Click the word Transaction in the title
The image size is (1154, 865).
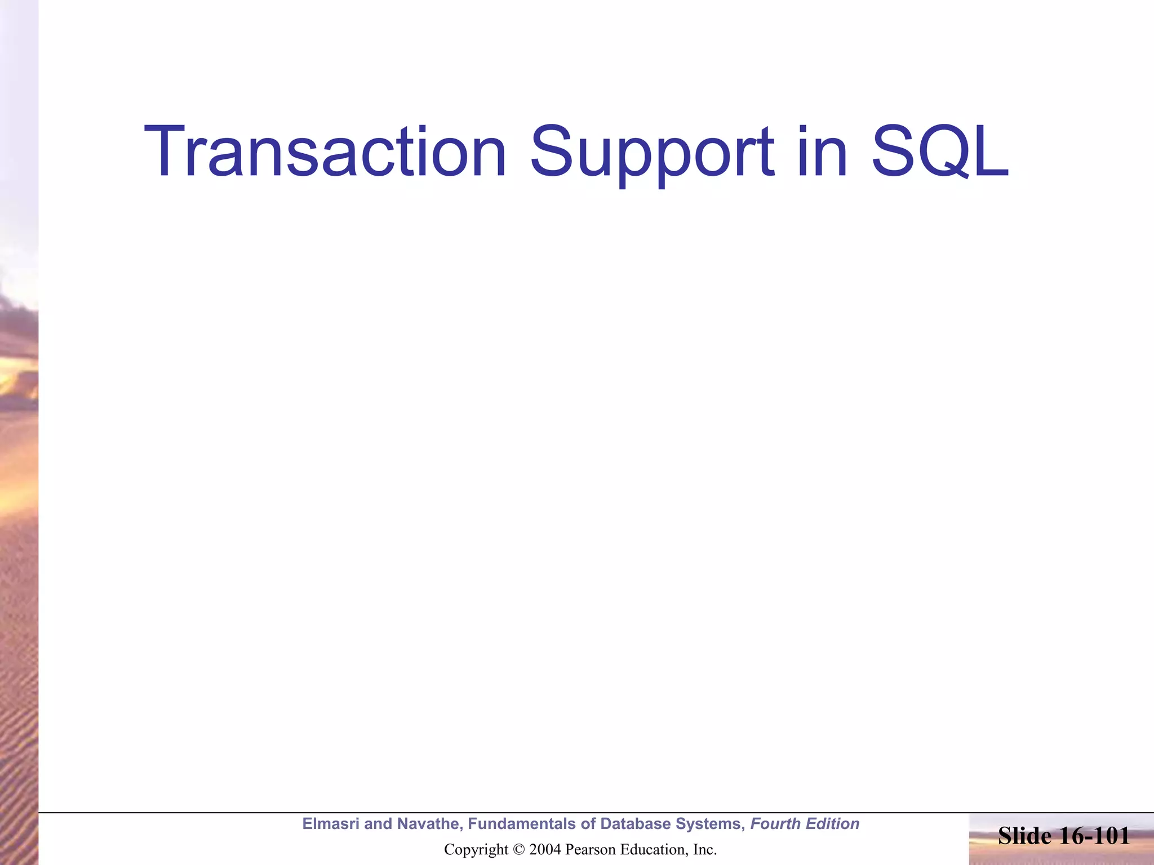pos(325,152)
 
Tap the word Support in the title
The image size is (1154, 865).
pos(652,152)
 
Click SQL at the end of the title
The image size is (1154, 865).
pos(940,152)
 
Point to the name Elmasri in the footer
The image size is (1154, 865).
pos(331,824)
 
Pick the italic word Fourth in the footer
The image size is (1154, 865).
pos(775,824)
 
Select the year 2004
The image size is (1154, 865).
pos(544,850)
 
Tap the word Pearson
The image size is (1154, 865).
pos(589,850)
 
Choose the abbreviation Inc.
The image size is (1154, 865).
pos(704,850)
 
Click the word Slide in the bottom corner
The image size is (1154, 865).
pos(1024,836)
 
